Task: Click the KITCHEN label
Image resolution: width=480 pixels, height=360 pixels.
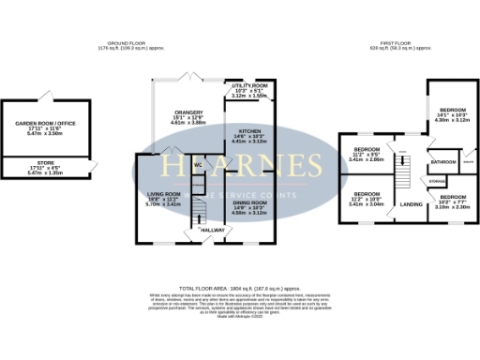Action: click(x=248, y=130)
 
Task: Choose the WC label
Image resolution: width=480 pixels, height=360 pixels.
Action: click(x=198, y=166)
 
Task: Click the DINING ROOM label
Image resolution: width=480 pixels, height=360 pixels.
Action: click(x=249, y=201)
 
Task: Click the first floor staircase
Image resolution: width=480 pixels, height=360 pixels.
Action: click(x=404, y=172)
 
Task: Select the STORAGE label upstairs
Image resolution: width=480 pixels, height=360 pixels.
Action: click(x=438, y=180)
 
